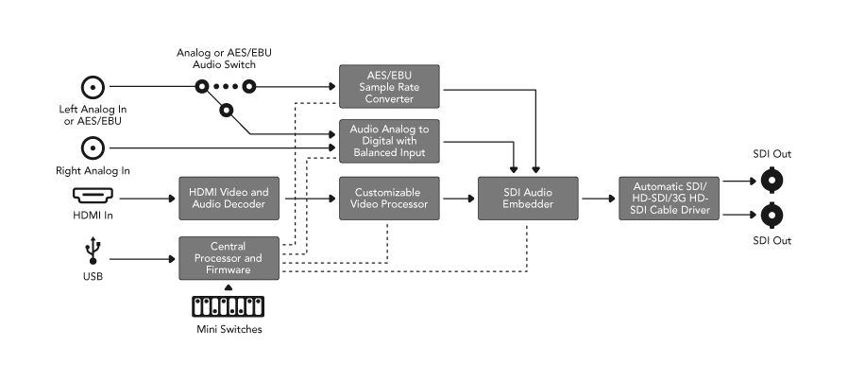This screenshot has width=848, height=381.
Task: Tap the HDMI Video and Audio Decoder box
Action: [228, 199]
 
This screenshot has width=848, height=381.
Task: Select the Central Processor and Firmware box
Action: [228, 257]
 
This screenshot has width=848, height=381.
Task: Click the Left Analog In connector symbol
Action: [93, 88]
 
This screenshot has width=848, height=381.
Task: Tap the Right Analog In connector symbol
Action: [93, 147]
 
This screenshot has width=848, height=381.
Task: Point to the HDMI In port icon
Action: [92, 199]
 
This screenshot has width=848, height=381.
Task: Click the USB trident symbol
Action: [93, 251]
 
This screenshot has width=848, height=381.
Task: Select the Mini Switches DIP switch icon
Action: [228, 307]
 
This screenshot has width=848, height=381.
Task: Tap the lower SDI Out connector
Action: [772, 216]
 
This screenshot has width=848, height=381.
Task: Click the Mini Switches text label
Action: [228, 329]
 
